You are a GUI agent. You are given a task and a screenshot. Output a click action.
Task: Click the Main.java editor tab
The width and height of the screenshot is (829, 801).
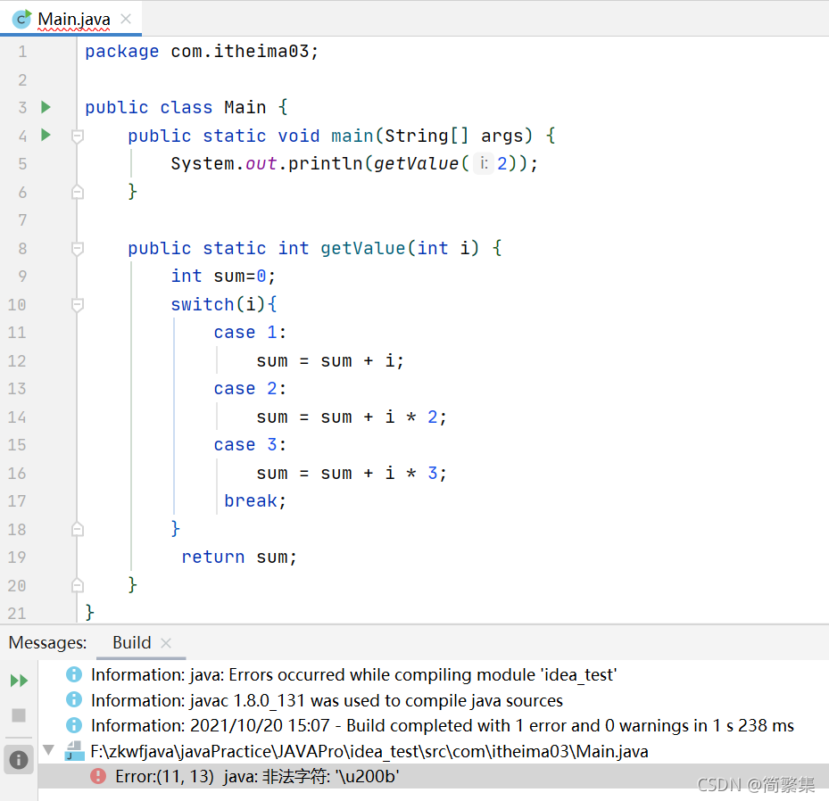(x=73, y=19)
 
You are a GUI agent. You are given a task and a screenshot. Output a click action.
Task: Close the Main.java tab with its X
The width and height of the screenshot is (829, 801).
(x=126, y=19)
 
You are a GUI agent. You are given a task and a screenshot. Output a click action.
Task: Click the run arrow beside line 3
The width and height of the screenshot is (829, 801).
(x=46, y=107)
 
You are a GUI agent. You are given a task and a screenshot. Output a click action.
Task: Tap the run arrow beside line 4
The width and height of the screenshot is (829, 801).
(x=46, y=136)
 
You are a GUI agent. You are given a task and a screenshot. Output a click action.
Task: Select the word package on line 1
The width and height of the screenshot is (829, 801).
(x=121, y=52)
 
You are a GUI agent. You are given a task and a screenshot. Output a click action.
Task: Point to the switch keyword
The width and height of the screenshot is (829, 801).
(x=202, y=304)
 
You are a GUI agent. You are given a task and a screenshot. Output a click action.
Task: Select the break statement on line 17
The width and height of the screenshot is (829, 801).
(x=251, y=501)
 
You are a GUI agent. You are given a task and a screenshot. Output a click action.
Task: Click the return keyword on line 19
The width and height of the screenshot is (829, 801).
(x=212, y=557)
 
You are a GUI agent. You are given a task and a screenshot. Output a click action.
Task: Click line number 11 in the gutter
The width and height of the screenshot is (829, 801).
(x=18, y=333)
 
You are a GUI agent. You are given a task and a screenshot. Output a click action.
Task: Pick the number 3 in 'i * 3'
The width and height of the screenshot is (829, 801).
(x=433, y=473)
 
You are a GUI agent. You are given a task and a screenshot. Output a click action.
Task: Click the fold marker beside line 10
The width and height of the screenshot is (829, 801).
(x=78, y=305)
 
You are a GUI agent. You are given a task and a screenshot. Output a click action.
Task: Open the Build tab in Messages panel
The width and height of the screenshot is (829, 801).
(x=132, y=642)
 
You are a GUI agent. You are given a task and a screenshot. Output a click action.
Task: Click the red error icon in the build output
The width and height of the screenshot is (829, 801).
(x=98, y=777)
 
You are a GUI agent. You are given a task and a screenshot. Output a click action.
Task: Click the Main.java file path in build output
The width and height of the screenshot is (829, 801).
(x=369, y=752)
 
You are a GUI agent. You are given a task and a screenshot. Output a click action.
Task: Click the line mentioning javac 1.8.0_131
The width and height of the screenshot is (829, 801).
(x=327, y=700)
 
